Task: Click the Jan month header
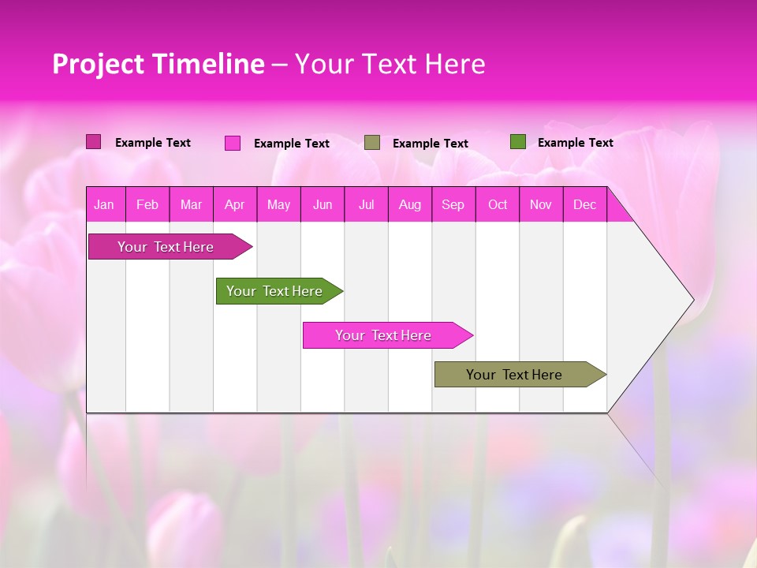click(x=105, y=204)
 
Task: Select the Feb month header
click(x=147, y=204)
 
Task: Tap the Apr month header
click(x=235, y=204)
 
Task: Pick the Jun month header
click(x=323, y=204)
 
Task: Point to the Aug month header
click(x=410, y=204)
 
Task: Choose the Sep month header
click(x=453, y=204)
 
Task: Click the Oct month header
click(x=498, y=204)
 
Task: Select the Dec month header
click(x=585, y=204)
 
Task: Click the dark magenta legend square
click(x=93, y=142)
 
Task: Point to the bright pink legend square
click(x=233, y=143)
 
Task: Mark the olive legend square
click(x=372, y=143)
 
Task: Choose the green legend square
click(x=518, y=142)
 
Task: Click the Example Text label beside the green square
click(x=575, y=143)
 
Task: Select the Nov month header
click(x=541, y=204)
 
